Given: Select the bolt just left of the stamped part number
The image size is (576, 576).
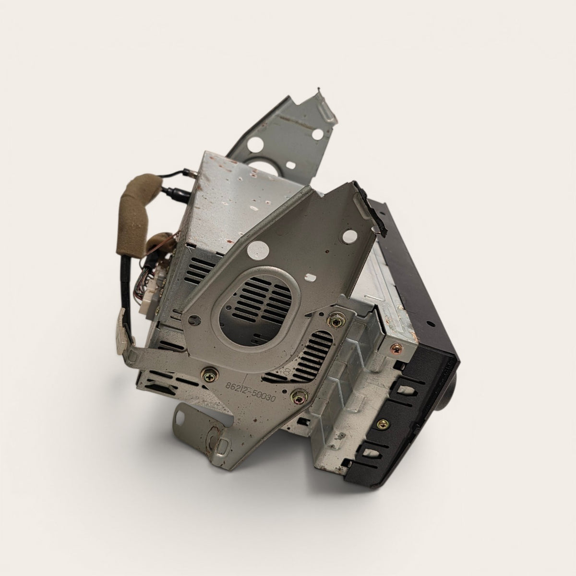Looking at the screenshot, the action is click(x=210, y=375).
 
